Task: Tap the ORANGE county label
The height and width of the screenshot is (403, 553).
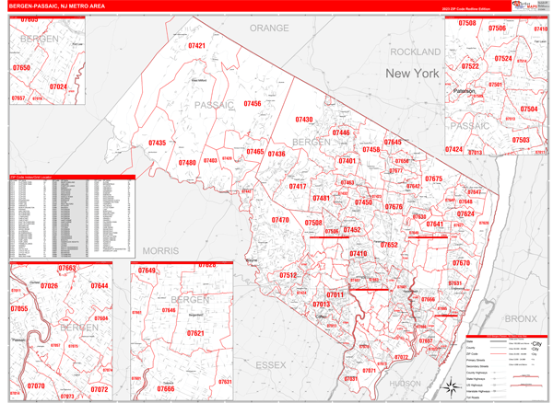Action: pyautogui.click(x=269, y=29)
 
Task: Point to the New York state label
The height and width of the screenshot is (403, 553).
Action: pyautogui.click(x=412, y=73)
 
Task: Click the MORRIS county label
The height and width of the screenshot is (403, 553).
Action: pyautogui.click(x=160, y=250)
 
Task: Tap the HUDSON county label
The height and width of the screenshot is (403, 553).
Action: pyautogui.click(x=406, y=383)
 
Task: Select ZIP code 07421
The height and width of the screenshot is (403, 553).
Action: pyautogui.click(x=196, y=46)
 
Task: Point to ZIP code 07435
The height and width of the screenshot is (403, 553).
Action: pyautogui.click(x=157, y=144)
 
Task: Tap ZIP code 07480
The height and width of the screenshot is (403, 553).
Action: pyautogui.click(x=187, y=163)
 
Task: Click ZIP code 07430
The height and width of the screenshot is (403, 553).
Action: pyautogui.click(x=304, y=121)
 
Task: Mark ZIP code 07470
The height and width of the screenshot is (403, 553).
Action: pyautogui.click(x=280, y=221)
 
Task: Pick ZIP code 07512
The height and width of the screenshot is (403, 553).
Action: pyautogui.click(x=288, y=275)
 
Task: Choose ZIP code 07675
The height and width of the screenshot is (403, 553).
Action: pyautogui.click(x=433, y=179)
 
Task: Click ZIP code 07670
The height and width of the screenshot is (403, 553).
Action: pyautogui.click(x=461, y=263)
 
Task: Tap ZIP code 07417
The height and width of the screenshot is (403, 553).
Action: pyautogui.click(x=297, y=187)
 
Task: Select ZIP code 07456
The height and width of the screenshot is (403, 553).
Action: pyautogui.click(x=252, y=105)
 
